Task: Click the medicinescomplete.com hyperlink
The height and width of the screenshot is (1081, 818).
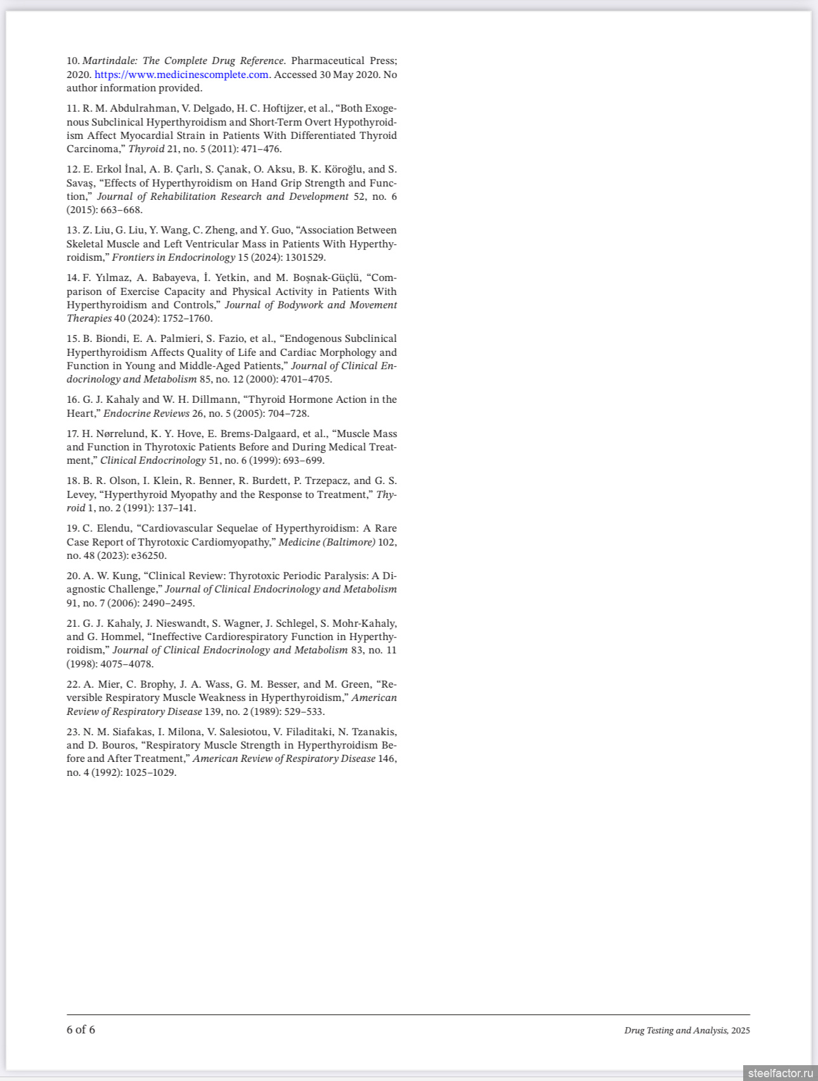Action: [181, 75]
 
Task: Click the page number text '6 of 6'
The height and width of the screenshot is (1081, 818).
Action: [81, 1030]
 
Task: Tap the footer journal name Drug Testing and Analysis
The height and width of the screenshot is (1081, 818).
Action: [676, 1031]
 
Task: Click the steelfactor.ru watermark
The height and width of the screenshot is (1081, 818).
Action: [780, 1073]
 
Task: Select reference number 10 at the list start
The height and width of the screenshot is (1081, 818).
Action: [73, 61]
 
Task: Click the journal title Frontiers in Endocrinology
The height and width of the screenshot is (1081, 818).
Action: [174, 258]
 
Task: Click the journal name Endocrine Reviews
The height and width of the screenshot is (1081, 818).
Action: [146, 414]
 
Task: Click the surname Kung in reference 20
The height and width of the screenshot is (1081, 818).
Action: [126, 576]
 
